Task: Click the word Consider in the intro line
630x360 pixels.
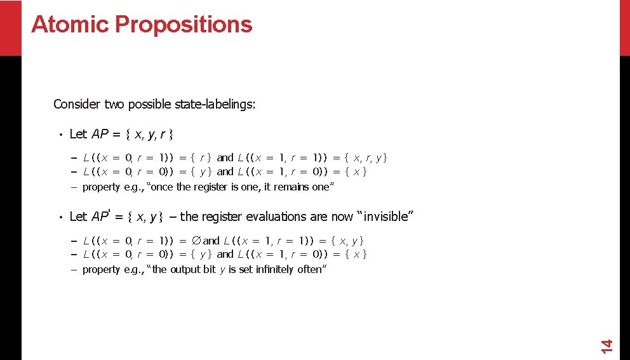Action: point(72,104)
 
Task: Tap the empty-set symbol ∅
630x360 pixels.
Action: point(196,241)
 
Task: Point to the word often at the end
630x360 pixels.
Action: point(314,269)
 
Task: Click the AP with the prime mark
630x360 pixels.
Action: point(101,217)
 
